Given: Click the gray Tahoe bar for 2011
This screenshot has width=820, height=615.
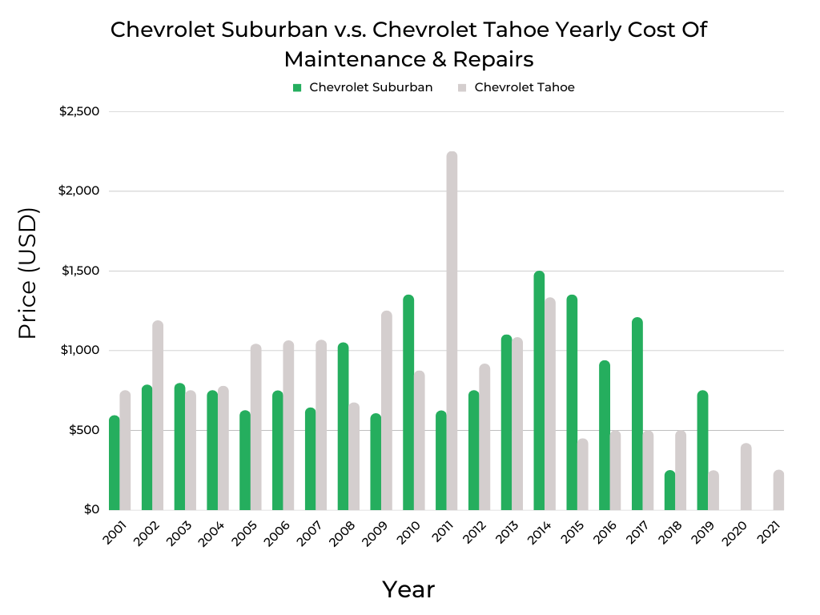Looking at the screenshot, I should [x=452, y=331].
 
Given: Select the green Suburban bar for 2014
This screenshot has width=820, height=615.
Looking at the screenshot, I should [x=539, y=391].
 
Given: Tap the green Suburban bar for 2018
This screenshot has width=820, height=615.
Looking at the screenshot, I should [x=669, y=490].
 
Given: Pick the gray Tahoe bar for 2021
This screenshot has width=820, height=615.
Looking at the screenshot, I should [x=778, y=490].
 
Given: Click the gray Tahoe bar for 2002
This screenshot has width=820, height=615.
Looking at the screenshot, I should [x=158, y=416].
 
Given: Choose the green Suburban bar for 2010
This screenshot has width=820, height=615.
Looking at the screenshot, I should [x=408, y=403].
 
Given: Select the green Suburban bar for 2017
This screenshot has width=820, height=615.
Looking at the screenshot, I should [x=637, y=414].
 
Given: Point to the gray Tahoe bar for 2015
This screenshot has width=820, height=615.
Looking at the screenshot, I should [x=582, y=474].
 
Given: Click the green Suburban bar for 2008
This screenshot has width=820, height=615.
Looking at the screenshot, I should [x=343, y=426].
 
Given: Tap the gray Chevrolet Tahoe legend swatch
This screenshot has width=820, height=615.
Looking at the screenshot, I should [x=462, y=87].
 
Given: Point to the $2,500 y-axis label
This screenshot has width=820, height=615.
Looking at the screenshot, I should [x=79, y=111].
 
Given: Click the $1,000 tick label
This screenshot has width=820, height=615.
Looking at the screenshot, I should [x=79, y=350].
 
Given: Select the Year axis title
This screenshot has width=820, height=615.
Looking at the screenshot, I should [x=408, y=589].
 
